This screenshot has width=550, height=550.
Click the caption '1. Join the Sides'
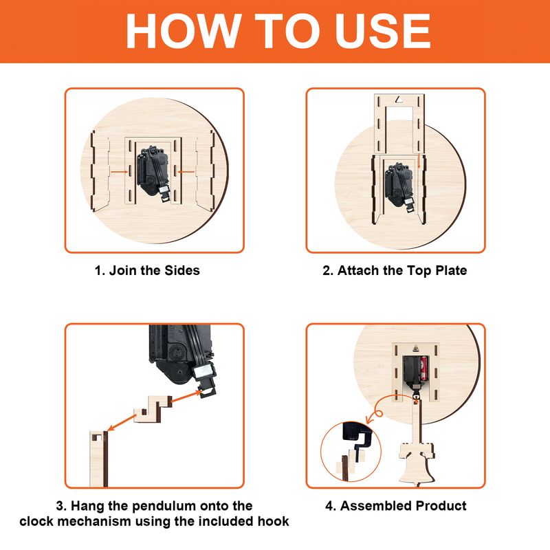[x=147, y=270]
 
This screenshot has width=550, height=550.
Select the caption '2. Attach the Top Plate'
[x=395, y=270]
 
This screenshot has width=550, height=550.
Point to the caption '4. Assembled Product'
[x=396, y=505]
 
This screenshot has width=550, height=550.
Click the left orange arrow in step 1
[x=119, y=172]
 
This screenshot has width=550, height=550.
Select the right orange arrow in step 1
[x=186, y=172]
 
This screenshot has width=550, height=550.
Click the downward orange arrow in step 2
[x=419, y=162]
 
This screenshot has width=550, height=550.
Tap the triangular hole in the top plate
[x=399, y=100]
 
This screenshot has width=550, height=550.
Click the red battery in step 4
[x=423, y=368]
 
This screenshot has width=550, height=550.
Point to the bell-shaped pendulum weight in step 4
[x=417, y=463]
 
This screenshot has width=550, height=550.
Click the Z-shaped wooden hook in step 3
[x=153, y=409]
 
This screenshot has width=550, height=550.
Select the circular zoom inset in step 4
[x=351, y=452]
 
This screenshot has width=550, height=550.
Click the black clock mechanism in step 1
[x=153, y=175]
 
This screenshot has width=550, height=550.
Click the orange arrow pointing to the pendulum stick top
[x=122, y=422]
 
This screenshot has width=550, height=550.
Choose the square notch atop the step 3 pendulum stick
[x=97, y=437]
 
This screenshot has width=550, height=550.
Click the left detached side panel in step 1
[x=100, y=171]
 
